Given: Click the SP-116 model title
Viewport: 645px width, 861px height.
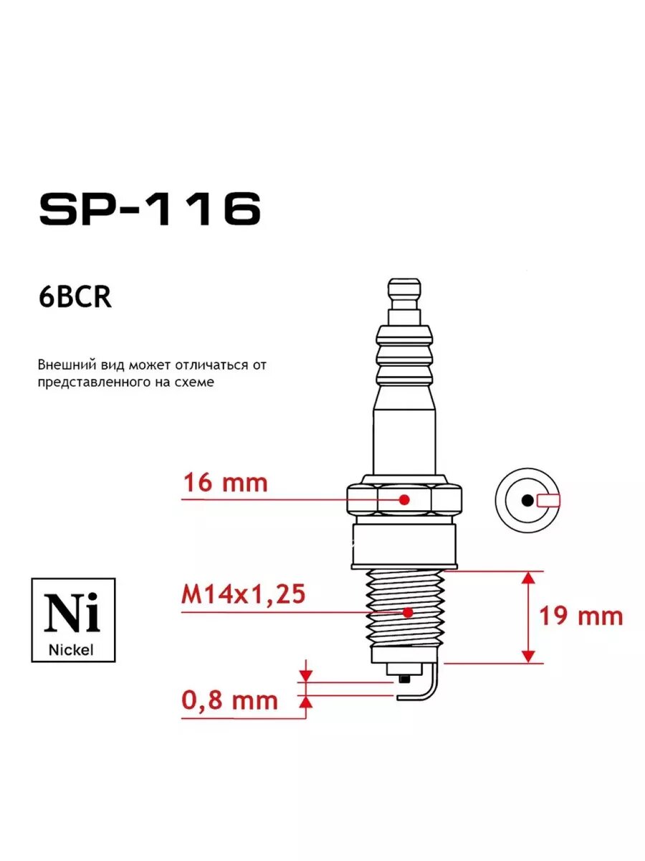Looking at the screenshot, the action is [150, 208].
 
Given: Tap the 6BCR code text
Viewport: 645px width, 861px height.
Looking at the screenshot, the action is [75, 297].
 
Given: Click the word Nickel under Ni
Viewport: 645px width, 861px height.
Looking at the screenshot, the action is [71, 650].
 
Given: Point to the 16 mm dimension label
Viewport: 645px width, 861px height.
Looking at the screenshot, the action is [226, 483].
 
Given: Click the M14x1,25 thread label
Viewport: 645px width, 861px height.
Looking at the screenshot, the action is [243, 593].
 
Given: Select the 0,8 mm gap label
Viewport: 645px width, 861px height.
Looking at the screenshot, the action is [230, 701].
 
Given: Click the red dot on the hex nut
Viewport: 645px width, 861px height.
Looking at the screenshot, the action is [404, 499].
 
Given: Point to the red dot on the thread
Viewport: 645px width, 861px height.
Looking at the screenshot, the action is [408, 612].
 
